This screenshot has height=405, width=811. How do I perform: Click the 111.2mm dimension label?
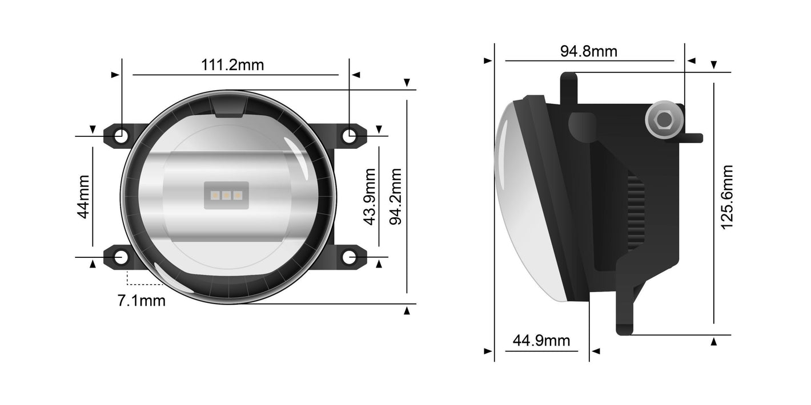pyautogui.click(x=232, y=64)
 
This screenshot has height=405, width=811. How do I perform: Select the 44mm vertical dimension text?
pyautogui.click(x=84, y=197)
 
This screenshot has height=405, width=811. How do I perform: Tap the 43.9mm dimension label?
pyautogui.click(x=370, y=197)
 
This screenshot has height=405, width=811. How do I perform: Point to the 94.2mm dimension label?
pyautogui.click(x=395, y=197)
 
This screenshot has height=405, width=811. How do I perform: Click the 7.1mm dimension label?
pyautogui.click(x=141, y=301)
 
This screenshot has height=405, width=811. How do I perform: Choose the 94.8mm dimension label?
pyautogui.click(x=588, y=51)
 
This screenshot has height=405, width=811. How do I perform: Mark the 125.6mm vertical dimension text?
pyautogui.click(x=726, y=197)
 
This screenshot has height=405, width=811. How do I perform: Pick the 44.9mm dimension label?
pyautogui.click(x=541, y=341)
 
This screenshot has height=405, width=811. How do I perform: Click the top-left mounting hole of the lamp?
pyautogui.click(x=121, y=136)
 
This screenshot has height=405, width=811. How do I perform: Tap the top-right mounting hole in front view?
pyautogui.click(x=349, y=136)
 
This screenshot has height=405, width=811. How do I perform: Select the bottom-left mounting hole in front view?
pyautogui.click(x=121, y=257)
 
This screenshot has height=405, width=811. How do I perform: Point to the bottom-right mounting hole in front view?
pyautogui.click(x=349, y=257)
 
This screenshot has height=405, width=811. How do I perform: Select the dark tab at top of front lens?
pyautogui.click(x=228, y=107)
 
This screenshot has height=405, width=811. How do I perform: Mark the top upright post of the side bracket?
pyautogui.click(x=567, y=88)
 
